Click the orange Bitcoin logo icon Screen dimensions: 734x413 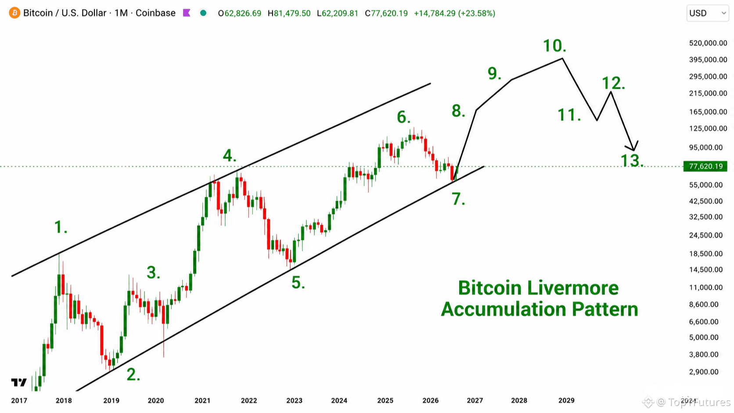[14, 13]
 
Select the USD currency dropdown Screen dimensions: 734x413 [708, 13]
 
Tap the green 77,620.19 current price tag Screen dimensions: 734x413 [705, 166]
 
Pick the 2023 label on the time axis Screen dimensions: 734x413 [294, 401]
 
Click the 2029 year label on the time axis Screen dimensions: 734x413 [566, 401]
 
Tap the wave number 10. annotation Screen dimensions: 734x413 [554, 46]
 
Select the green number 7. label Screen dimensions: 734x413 [458, 199]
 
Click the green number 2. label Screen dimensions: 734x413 [133, 374]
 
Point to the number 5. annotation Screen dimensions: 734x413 [298, 282]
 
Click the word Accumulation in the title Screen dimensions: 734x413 [504, 309]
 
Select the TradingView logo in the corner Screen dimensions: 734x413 [19, 382]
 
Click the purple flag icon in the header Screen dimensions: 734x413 [187, 13]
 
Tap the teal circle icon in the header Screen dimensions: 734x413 [203, 13]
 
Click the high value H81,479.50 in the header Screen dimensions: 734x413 [289, 14]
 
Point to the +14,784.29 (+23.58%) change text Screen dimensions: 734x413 [454, 14]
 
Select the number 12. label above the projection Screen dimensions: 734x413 [613, 83]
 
